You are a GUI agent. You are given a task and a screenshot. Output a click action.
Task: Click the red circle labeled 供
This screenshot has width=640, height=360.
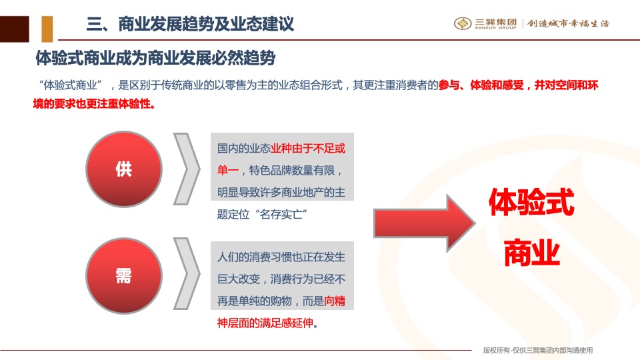pyautogui.click(x=124, y=169)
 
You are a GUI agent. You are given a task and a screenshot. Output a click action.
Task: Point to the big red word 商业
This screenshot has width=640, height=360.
pyautogui.click(x=531, y=254)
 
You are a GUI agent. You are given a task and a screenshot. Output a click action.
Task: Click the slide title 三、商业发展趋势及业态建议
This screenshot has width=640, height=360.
pyautogui.click(x=190, y=25)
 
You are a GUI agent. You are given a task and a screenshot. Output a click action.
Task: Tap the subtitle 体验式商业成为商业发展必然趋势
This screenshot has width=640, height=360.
pyautogui.click(x=155, y=58)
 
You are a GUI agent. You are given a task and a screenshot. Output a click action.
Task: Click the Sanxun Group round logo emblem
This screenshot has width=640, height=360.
pyautogui.click(x=463, y=23)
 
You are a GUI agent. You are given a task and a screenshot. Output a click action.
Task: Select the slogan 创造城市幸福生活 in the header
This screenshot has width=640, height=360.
pyautogui.click(x=568, y=23)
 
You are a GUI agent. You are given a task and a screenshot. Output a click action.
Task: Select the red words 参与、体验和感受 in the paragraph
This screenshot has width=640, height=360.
pyautogui.click(x=481, y=86)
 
